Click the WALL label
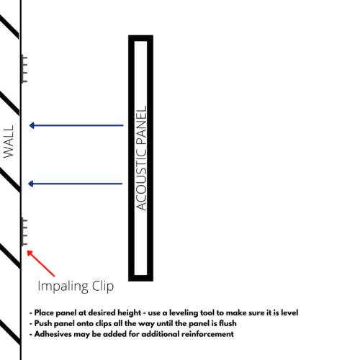pyautogui.click(x=9, y=141)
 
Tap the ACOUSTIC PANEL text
pyautogui.click(x=141, y=158)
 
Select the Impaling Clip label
pyautogui.click(x=76, y=287)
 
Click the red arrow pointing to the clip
pyautogui.click(x=41, y=264)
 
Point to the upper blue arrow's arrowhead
pyautogui.click(x=32, y=125)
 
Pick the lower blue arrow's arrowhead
pyautogui.click(x=31, y=184)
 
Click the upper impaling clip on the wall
pyautogui.click(x=24, y=69)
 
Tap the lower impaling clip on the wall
pyautogui.click(x=24, y=232)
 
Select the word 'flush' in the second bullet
pyautogui.click(x=228, y=323)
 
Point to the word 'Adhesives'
pyautogui.click(x=53, y=334)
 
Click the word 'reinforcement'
pyautogui.click(x=207, y=334)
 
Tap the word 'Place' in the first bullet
pyautogui.click(x=44, y=312)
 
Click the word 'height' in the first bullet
pyautogui.click(x=129, y=313)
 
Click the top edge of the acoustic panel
pyautogui.click(x=140, y=38)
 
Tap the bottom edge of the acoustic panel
pyautogui.click(x=140, y=278)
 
